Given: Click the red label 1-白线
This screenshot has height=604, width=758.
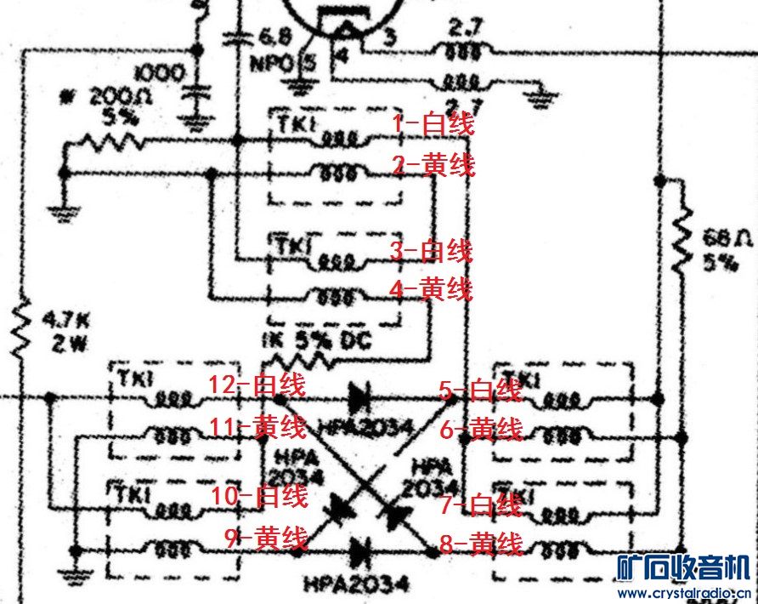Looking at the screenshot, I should click(x=432, y=124).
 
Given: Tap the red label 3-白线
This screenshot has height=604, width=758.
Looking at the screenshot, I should click(x=431, y=252).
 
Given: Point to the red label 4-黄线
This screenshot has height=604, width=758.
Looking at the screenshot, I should click(x=431, y=290).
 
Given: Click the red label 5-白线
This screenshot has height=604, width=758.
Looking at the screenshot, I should click(x=480, y=390).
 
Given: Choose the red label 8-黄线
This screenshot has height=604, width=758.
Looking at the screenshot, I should click(x=480, y=544).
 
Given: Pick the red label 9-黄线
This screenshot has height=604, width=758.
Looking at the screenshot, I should click(x=264, y=537).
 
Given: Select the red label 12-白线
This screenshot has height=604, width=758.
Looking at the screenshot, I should click(x=257, y=385).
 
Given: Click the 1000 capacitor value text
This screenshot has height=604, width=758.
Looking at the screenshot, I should click(x=157, y=73).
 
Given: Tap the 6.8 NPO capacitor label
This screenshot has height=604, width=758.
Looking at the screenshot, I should click(x=274, y=49).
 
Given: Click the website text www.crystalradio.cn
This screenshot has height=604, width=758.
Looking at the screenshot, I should click(x=684, y=592).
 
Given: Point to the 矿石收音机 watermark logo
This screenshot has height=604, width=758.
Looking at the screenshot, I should click(x=683, y=567).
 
